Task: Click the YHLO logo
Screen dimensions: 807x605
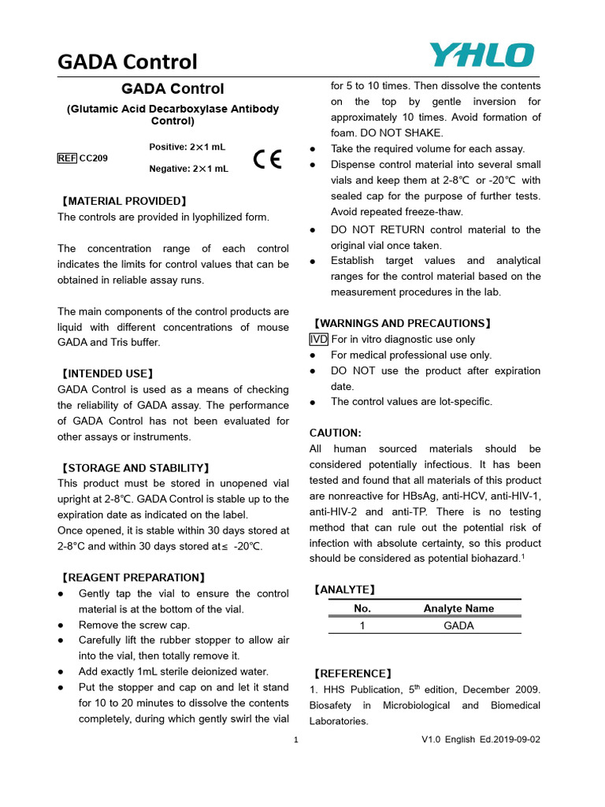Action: coord(481,55)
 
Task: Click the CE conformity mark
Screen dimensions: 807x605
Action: coord(267,159)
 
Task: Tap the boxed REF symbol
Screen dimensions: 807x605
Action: coord(67,158)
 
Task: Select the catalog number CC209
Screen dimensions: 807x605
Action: coord(94,158)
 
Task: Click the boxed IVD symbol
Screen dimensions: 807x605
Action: coord(319,339)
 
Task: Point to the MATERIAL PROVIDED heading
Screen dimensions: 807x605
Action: coord(124,201)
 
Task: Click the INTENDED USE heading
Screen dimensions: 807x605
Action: coord(107,374)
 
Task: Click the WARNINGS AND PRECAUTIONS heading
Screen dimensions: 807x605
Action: coord(402,323)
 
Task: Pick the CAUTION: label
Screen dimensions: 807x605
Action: coord(336,433)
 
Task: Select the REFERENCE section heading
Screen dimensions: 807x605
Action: coord(351,674)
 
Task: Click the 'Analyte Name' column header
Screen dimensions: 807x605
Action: coord(458,608)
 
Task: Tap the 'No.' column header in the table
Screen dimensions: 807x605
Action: coord(362,608)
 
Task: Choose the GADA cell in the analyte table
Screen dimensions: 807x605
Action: coord(458,626)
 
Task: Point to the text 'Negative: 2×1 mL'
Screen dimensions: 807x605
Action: coord(188,169)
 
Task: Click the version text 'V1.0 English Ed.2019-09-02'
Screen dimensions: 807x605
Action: coord(481,739)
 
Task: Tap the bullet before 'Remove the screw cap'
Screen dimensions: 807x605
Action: coord(61,624)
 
